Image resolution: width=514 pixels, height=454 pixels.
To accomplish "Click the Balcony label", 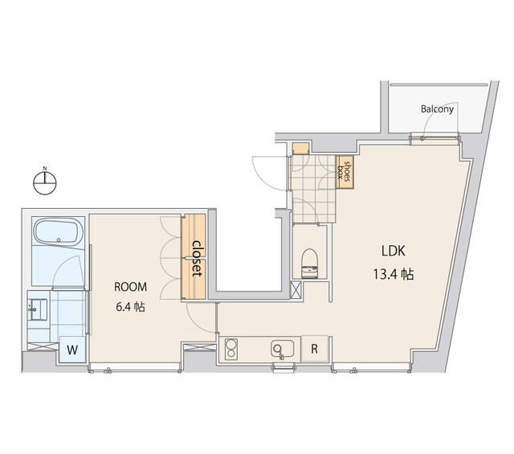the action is click(x=437, y=109).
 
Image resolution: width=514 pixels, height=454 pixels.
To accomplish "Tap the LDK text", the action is click(x=393, y=251).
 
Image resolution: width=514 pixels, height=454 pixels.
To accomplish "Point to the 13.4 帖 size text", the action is click(x=393, y=274).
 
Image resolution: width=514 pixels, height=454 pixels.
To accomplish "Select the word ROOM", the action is click(x=130, y=287).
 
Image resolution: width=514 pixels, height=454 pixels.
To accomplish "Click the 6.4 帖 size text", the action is click(x=130, y=307).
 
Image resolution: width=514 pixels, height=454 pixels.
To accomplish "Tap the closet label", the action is click(x=197, y=259).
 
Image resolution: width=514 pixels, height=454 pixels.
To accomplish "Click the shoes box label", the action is click(x=345, y=172).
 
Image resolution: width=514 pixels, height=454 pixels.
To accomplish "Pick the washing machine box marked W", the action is click(x=72, y=350).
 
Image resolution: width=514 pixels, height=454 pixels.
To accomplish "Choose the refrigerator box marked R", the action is click(x=314, y=349).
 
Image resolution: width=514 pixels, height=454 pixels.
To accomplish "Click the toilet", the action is click(x=309, y=264).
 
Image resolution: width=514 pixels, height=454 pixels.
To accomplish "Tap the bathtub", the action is click(x=59, y=232).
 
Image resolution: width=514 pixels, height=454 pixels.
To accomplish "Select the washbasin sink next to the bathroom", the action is click(x=37, y=309).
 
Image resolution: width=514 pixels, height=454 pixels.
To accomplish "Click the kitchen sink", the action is click(x=282, y=349).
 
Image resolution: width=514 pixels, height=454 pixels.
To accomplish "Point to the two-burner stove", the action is click(x=231, y=349).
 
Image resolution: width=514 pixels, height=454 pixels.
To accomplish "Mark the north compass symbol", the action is click(x=45, y=183).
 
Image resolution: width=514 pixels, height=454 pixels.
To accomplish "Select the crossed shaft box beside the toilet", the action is click(x=296, y=290).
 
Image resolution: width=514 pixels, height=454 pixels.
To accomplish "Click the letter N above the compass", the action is click(x=45, y=168).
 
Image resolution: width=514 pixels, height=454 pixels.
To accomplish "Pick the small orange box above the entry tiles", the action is click(x=300, y=149).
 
